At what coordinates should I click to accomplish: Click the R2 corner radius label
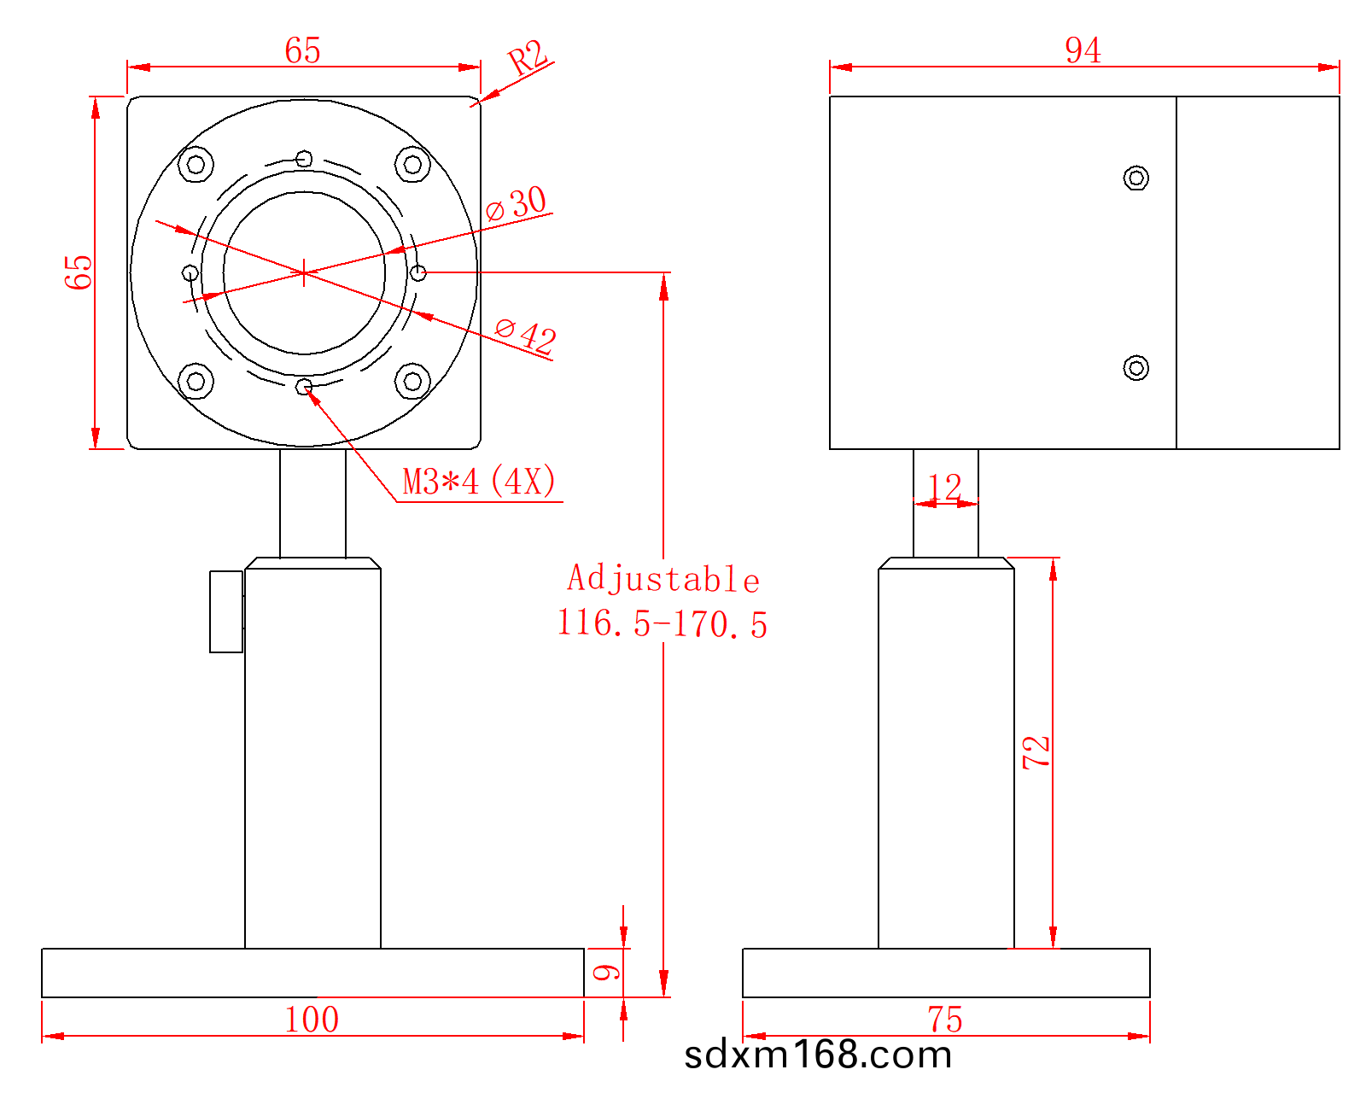527,59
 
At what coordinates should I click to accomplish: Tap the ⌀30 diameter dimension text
517,203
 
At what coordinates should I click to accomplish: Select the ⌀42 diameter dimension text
526,334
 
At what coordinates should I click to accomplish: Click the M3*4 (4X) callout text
479,482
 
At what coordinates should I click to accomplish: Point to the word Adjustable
663,579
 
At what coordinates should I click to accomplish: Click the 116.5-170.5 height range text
662,623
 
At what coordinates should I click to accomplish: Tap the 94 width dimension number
1083,50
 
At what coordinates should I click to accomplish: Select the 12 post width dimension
944,488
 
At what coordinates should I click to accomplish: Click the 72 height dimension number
1036,752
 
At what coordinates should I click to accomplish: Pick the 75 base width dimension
945,1020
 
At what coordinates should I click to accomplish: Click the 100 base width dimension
312,1020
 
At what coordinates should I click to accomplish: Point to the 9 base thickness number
606,972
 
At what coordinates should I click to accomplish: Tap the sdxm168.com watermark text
818,1055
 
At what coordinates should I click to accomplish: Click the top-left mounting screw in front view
196,164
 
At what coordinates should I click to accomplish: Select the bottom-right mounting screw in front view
412,381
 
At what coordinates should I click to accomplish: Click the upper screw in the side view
1135,178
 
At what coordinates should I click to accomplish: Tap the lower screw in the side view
1135,368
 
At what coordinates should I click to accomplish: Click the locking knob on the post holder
226,611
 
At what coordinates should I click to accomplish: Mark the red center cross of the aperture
304,272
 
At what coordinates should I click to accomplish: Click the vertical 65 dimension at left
79,272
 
